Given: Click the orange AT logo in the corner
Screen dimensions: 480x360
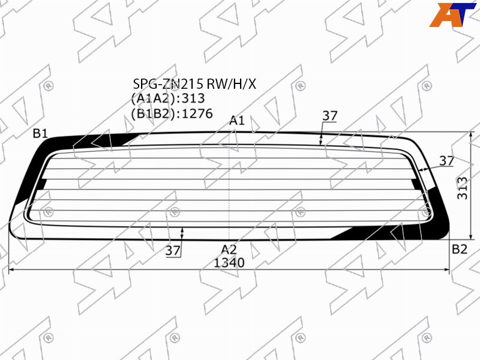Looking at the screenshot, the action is (452, 14).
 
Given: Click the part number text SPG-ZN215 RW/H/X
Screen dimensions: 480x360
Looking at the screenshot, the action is (194, 83).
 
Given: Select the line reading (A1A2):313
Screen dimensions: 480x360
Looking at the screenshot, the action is (168, 98).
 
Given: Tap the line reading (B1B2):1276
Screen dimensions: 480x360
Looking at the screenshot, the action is (172, 113).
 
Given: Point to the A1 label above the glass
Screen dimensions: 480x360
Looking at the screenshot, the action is (237, 121).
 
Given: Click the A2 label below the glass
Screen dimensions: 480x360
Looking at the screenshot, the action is (229, 250).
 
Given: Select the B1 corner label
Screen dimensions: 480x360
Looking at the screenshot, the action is (40, 133).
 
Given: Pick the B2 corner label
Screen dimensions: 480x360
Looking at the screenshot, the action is (460, 249).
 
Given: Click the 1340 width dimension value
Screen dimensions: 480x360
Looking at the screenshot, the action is (229, 263).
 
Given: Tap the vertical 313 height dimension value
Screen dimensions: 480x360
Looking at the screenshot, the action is (462, 188).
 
